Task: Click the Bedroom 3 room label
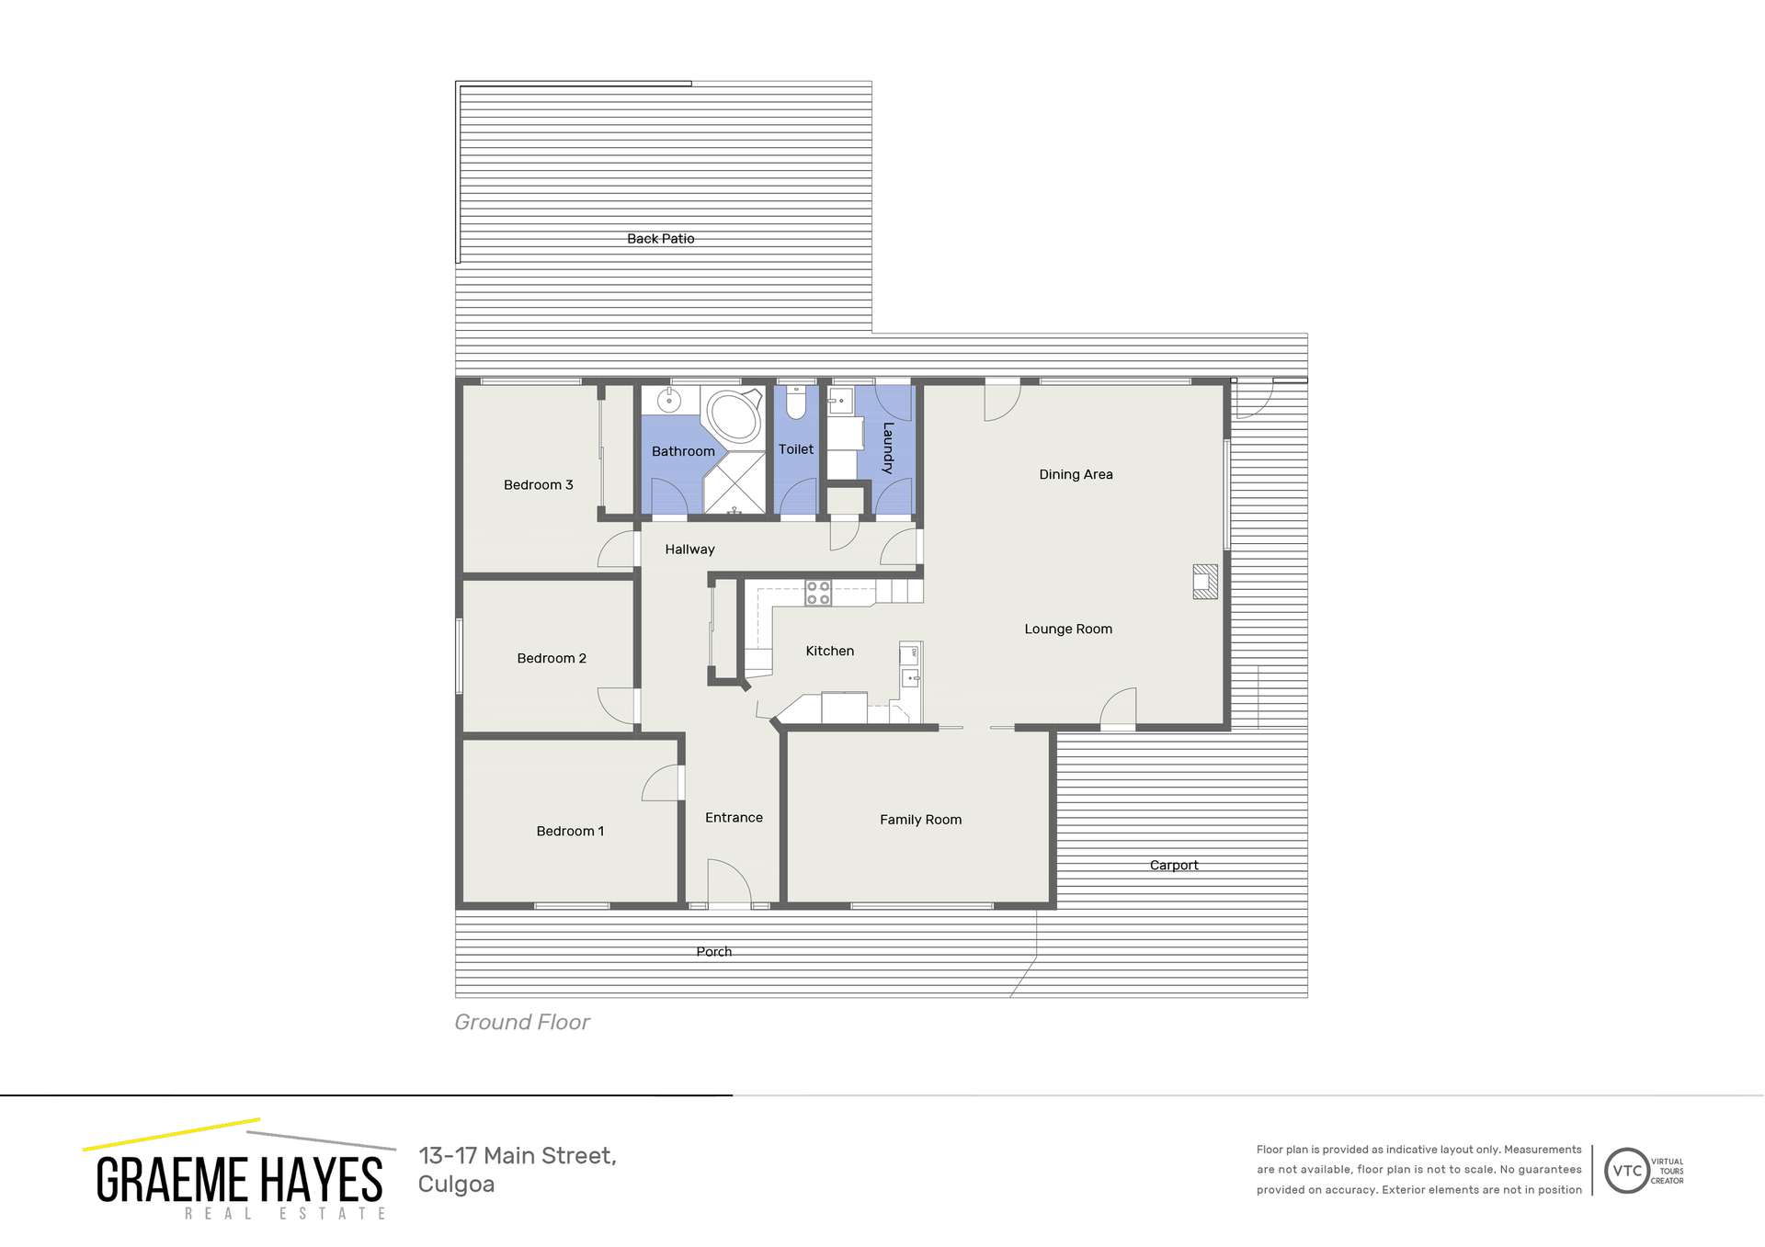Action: pyautogui.click(x=538, y=484)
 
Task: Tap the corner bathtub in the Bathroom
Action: pyautogui.click(x=734, y=417)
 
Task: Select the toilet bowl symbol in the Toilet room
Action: pyautogui.click(x=796, y=402)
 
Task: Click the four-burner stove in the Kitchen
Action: pyautogui.click(x=817, y=593)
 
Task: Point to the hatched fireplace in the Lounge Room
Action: pyautogui.click(x=1205, y=582)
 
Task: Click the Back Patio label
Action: pyautogui.click(x=660, y=238)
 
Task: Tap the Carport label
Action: pyautogui.click(x=1173, y=865)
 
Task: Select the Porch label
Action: pyautogui.click(x=713, y=951)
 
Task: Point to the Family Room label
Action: pyautogui.click(x=920, y=820)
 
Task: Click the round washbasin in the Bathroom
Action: pyautogui.click(x=670, y=401)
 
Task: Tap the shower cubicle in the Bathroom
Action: pyautogui.click(x=734, y=483)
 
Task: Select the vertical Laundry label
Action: pyautogui.click(x=887, y=448)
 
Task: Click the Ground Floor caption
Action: pyautogui.click(x=521, y=1022)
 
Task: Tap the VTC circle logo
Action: pyautogui.click(x=1626, y=1170)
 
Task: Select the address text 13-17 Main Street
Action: pyautogui.click(x=517, y=1155)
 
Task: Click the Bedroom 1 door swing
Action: pyautogui.click(x=661, y=784)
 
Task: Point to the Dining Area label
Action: pyautogui.click(x=1076, y=474)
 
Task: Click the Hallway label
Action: pyautogui.click(x=689, y=549)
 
